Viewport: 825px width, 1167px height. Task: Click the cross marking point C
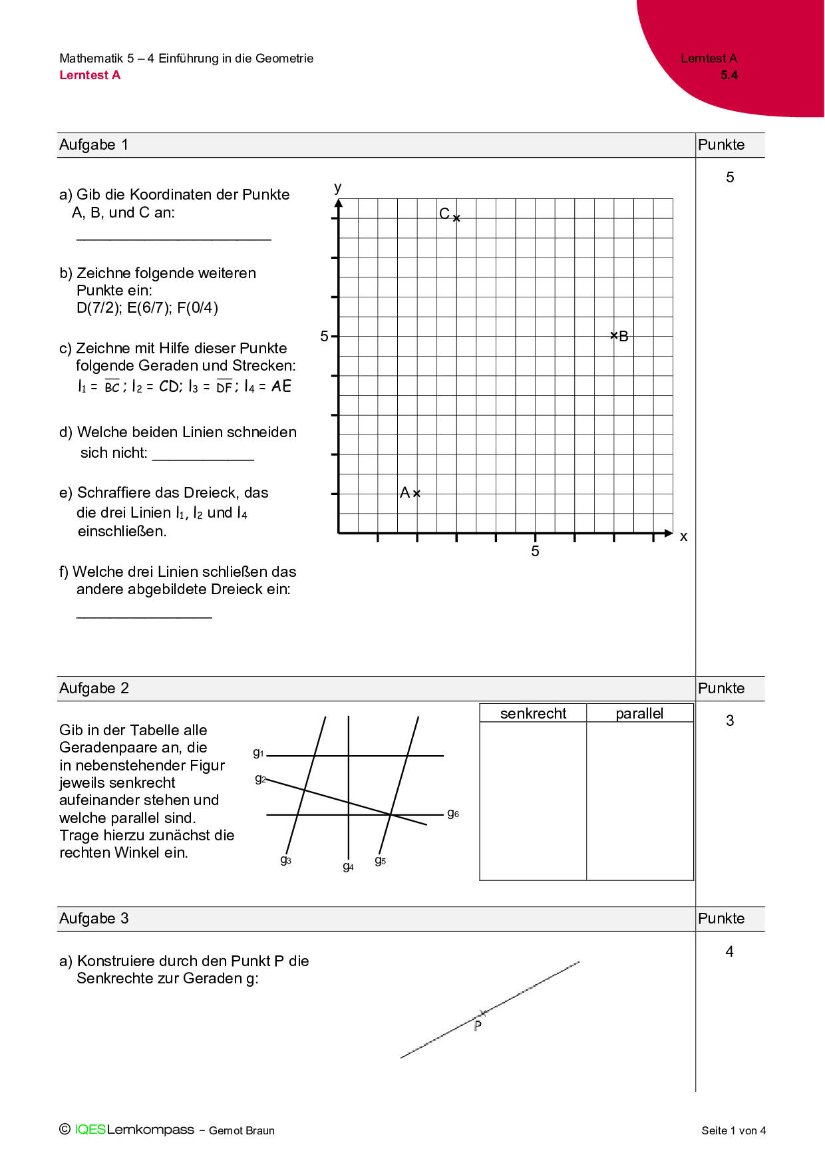pyautogui.click(x=456, y=218)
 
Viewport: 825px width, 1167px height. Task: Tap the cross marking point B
pyautogui.click(x=614, y=336)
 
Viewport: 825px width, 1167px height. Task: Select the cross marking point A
pyautogui.click(x=416, y=494)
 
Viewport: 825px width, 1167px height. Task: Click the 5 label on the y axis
pyautogui.click(x=324, y=337)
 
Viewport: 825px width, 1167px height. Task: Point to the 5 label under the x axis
pyautogui.click(x=535, y=551)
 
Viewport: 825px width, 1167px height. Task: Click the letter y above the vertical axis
pyautogui.click(x=338, y=188)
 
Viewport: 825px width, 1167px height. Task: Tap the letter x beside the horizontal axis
pyautogui.click(x=683, y=536)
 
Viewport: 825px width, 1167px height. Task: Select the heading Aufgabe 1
pyautogui.click(x=94, y=145)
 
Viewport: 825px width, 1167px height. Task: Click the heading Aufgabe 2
pyautogui.click(x=94, y=689)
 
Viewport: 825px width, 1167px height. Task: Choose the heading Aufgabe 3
pyautogui.click(x=94, y=919)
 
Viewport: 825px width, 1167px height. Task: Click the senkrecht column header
pyautogui.click(x=533, y=714)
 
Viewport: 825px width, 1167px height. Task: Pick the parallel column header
pyautogui.click(x=639, y=714)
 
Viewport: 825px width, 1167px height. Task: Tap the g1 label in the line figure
pyautogui.click(x=258, y=752)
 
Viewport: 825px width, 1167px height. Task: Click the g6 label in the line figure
pyautogui.click(x=453, y=813)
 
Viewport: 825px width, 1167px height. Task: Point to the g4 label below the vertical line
pyautogui.click(x=348, y=866)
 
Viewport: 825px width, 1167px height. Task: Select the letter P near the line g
pyautogui.click(x=478, y=1026)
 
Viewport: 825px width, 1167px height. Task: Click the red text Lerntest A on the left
pyautogui.click(x=90, y=75)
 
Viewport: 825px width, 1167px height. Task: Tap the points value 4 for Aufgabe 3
pyautogui.click(x=729, y=952)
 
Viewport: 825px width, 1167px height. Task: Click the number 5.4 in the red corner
pyautogui.click(x=729, y=75)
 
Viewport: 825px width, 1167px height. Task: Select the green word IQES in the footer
pyautogui.click(x=90, y=1129)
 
